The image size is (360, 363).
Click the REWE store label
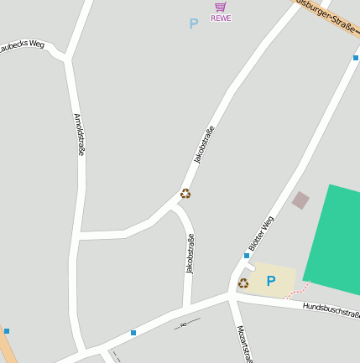pyautogui.click(x=221, y=18)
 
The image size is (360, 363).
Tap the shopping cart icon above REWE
pyautogui.click(x=221, y=7)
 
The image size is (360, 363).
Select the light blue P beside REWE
pyautogui.click(x=194, y=24)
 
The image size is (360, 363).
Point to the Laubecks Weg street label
pyautogui.click(x=22, y=46)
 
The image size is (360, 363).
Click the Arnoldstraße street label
pyautogui.click(x=79, y=134)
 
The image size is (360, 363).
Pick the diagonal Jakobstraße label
pyautogui.click(x=204, y=144)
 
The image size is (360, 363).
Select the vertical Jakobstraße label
pyautogui.click(x=190, y=254)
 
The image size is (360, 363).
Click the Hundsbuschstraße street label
pyautogui.click(x=331, y=310)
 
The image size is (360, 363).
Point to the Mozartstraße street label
pyautogui.click(x=244, y=343)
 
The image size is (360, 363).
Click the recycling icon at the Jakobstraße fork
pyautogui.click(x=185, y=194)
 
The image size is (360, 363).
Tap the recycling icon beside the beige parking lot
pyautogui.click(x=243, y=283)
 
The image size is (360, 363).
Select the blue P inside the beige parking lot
pyautogui.click(x=270, y=282)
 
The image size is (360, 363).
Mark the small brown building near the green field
pyautogui.click(x=300, y=200)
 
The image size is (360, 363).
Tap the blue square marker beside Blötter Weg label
pyautogui.click(x=247, y=255)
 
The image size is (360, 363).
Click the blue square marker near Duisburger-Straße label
pyautogui.click(x=356, y=58)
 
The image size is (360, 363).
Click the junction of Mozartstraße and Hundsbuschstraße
pyautogui.click(x=231, y=297)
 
